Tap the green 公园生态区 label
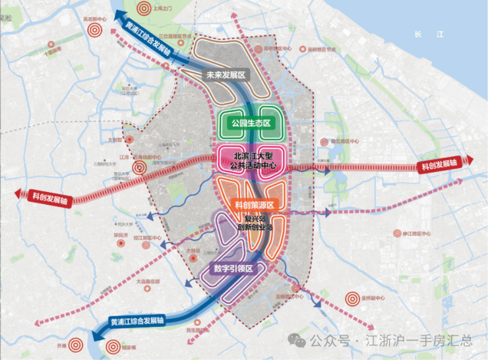coord(251,123)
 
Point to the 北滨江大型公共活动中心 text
coord(253,160)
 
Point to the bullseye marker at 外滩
coord(76,344)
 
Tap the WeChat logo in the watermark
coord(301,340)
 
